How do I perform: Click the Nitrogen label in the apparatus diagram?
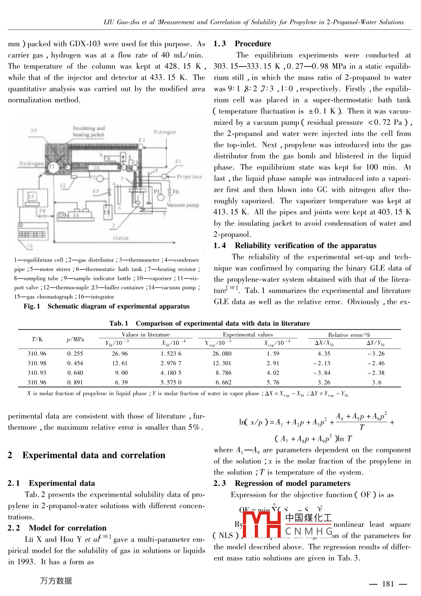[x=165, y=132]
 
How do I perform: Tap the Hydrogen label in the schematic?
[x=31, y=164]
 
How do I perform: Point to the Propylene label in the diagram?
[x=189, y=177]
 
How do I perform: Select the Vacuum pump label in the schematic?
[x=183, y=205]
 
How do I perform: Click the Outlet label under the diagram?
[x=121, y=238]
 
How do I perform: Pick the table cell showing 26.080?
[x=222, y=353]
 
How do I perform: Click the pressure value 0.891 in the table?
[x=75, y=382]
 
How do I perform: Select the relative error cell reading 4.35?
[x=324, y=353]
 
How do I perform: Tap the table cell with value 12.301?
[x=222, y=363]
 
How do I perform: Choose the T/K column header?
[x=37, y=339]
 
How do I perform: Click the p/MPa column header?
[x=75, y=339]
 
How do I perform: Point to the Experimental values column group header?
[x=248, y=334]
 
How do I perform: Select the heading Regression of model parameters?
[x=292, y=483]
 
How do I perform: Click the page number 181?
[x=388, y=584]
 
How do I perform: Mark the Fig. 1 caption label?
[x=32, y=306]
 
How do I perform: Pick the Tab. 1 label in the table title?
[x=119, y=323]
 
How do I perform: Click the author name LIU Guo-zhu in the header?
[x=122, y=22]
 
